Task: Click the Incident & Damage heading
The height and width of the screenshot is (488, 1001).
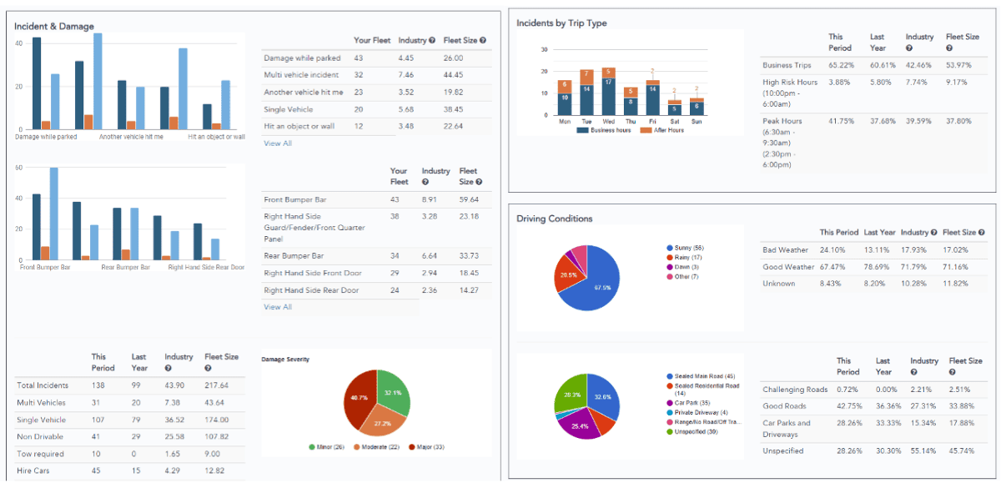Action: tap(54, 26)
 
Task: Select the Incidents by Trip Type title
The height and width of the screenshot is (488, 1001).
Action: tap(561, 23)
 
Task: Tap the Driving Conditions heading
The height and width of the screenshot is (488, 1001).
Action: tap(555, 219)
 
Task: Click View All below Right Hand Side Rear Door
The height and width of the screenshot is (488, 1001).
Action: tap(278, 307)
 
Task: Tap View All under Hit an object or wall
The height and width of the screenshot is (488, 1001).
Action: tap(278, 143)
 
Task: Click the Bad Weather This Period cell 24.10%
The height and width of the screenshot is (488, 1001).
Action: tap(833, 250)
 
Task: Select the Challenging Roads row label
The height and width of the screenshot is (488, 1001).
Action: tap(795, 390)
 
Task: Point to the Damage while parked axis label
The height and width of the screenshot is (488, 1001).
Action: tap(46, 136)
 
